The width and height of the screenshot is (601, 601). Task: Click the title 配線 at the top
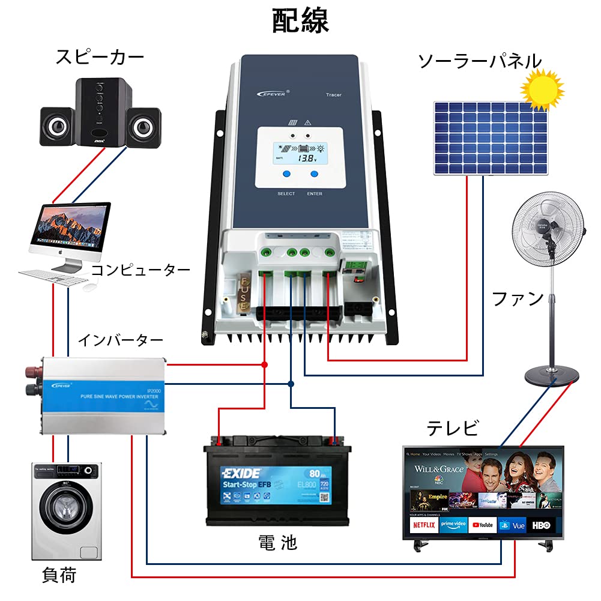click(x=300, y=21)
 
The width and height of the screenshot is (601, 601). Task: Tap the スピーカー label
click(x=100, y=58)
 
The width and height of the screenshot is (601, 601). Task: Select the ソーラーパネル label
click(x=479, y=61)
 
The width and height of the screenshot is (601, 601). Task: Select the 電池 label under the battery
click(x=277, y=543)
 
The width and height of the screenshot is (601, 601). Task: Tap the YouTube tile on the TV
click(x=483, y=525)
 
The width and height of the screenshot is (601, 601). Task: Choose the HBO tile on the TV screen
click(x=541, y=525)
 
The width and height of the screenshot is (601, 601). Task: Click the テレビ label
click(x=452, y=429)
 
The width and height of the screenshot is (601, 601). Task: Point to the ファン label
click(x=518, y=298)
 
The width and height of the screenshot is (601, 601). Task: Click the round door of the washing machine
click(x=65, y=511)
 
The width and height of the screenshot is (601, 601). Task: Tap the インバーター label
click(x=120, y=340)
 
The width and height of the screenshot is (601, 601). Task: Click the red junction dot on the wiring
click(x=264, y=364)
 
